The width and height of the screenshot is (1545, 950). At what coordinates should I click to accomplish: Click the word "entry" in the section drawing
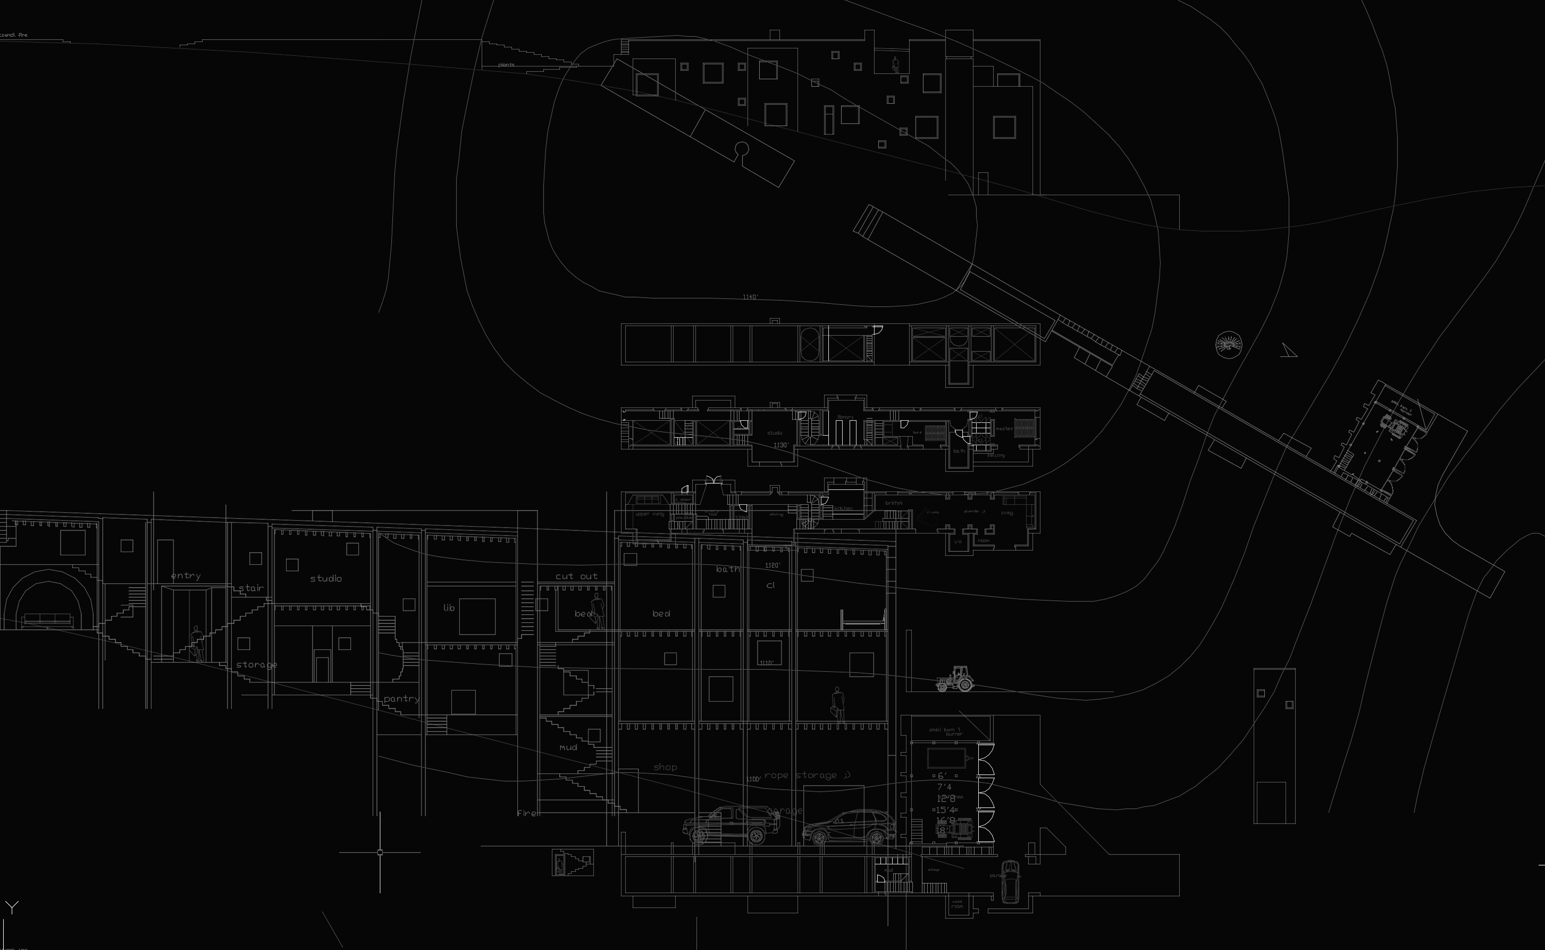186,576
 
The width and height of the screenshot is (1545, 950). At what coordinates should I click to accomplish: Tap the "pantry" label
401,699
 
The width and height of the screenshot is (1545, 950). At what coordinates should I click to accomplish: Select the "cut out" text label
576,576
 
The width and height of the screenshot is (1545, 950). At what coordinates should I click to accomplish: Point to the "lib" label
448,607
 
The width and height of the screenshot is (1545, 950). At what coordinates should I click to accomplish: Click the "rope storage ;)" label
807,776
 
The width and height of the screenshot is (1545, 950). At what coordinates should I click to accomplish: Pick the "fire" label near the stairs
527,813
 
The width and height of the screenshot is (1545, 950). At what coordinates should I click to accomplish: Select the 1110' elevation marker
767,663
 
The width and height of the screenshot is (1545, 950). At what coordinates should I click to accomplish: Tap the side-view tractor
955,679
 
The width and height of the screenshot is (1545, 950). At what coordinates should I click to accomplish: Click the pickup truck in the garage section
731,825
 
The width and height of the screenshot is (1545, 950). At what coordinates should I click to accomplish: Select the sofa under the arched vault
47,620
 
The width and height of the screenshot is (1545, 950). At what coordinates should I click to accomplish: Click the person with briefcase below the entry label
198,644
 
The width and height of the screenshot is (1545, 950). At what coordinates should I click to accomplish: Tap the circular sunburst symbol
1229,345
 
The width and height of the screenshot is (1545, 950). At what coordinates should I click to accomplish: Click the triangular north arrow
1288,351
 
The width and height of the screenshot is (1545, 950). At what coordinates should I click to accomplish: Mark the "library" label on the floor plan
845,416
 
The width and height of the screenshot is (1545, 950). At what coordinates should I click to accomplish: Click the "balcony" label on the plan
996,455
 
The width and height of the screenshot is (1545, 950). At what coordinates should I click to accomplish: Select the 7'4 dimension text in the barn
944,787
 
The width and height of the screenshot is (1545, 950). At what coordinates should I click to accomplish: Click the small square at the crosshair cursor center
380,853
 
